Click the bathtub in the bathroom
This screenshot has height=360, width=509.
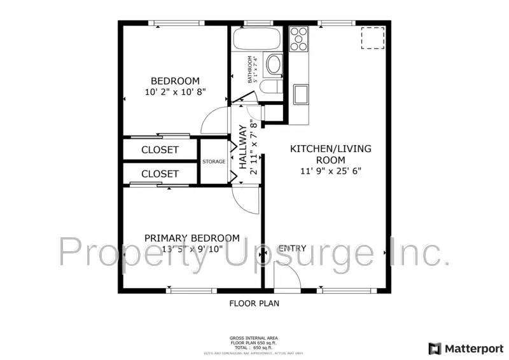tap(256, 39)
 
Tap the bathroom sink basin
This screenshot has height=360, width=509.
tap(274, 64)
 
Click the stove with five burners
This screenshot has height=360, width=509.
tap(298, 39)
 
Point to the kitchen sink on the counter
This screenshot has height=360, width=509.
tap(299, 93)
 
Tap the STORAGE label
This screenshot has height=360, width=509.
tap(214, 162)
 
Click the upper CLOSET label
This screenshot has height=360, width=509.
tap(160, 150)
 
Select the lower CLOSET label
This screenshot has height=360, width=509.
tap(160, 174)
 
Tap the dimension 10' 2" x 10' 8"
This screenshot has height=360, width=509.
tap(175, 92)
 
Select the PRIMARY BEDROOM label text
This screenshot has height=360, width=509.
tap(192, 238)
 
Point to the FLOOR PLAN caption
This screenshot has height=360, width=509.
tap(254, 303)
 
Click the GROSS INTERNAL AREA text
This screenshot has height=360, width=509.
tap(254, 338)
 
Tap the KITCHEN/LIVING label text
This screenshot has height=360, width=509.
tap(331, 149)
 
